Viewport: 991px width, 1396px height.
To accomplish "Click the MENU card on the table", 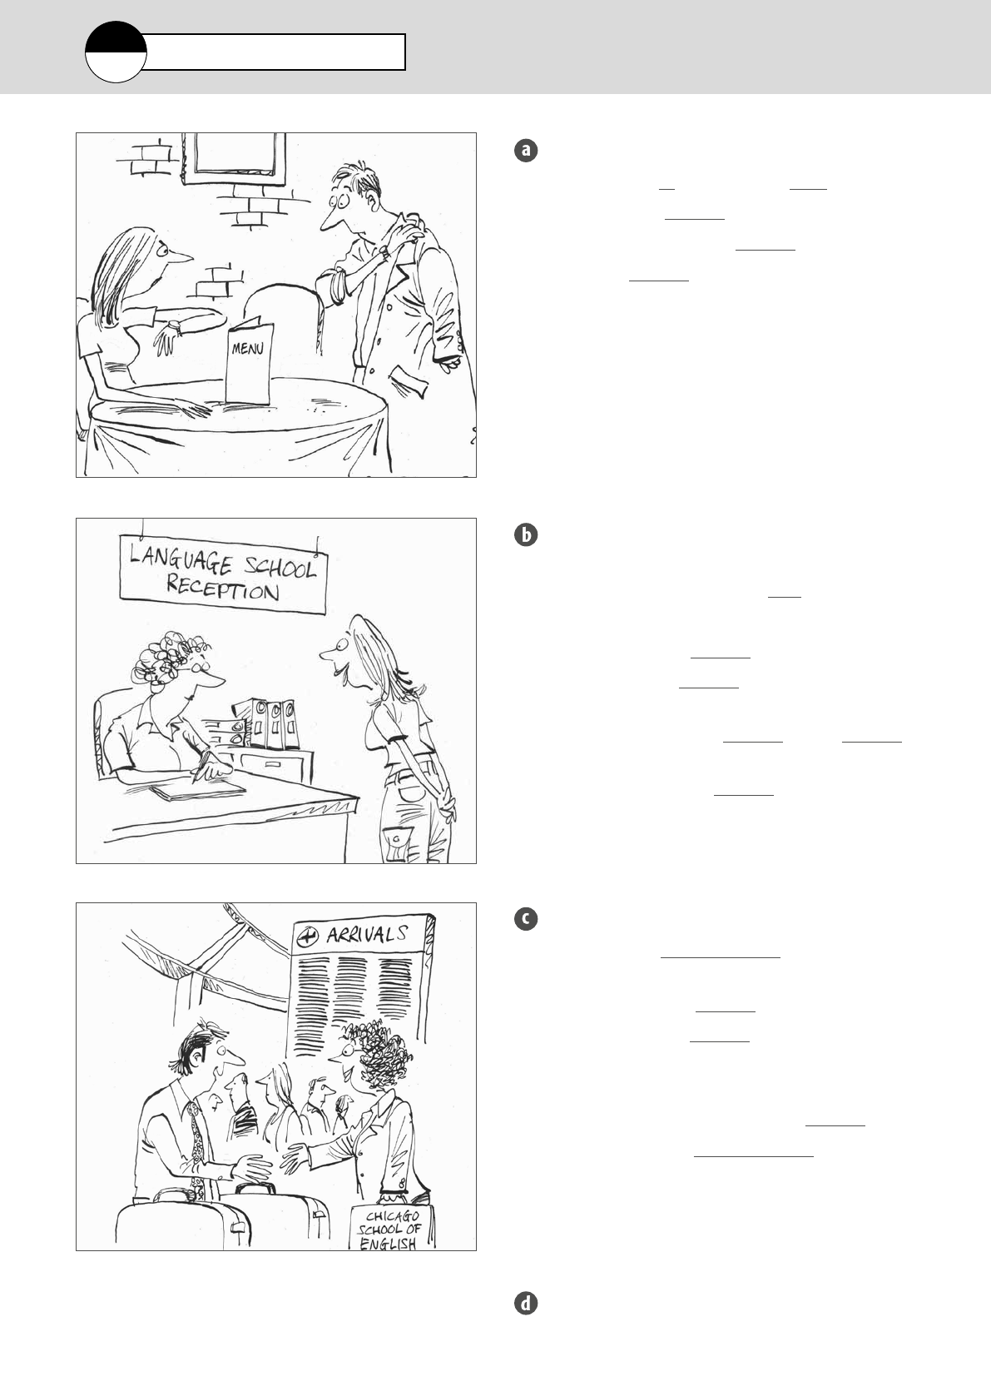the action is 249,361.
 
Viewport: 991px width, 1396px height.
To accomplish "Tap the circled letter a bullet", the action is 526,151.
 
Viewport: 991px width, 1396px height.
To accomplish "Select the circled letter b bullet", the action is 526,535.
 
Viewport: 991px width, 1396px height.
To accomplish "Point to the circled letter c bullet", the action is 526,919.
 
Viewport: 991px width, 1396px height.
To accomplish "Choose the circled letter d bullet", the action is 526,1304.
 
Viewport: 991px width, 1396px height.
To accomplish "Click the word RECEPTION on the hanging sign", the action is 222,589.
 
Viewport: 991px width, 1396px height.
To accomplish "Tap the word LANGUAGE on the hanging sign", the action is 181,559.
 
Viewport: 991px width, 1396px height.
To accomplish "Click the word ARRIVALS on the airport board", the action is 368,935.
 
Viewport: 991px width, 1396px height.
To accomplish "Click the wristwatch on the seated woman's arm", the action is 175,326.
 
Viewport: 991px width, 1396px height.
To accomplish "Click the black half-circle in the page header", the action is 116,37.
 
